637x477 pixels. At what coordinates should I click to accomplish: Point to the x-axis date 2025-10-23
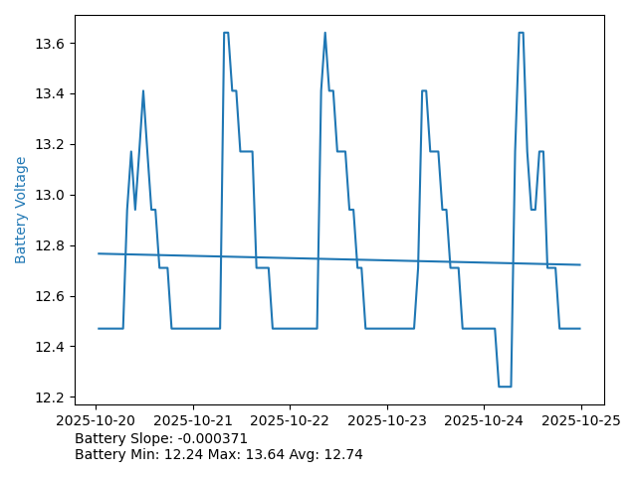(x=387, y=420)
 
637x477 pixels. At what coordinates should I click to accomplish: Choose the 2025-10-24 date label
(x=484, y=420)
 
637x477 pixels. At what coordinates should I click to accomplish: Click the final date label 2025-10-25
(x=580, y=420)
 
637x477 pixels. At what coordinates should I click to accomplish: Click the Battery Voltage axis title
(x=21, y=210)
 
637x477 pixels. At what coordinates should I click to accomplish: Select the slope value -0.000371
(x=211, y=438)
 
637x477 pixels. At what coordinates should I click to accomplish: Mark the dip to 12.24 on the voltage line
(x=504, y=387)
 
